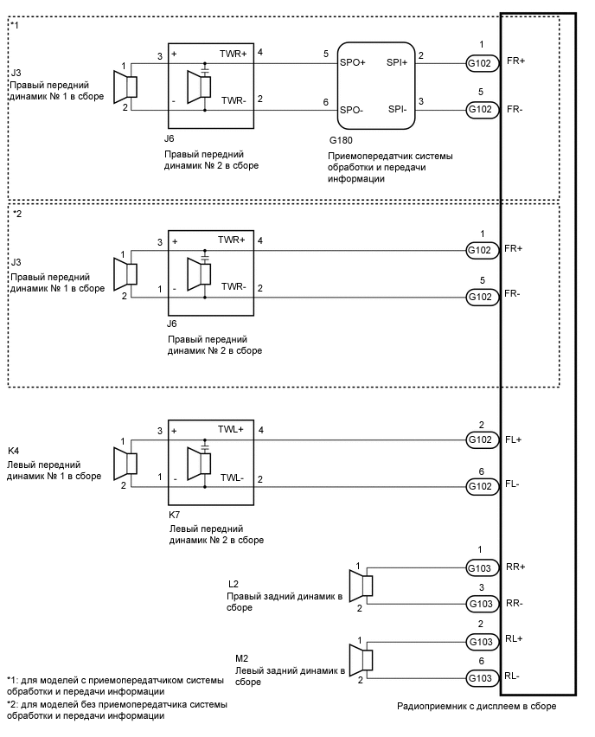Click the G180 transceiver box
[377, 83]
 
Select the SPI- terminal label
[399, 109]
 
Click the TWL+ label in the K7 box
[231, 429]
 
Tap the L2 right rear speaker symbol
[366, 586]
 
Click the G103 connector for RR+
[482, 567]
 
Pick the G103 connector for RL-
[482, 677]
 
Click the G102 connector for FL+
[482, 440]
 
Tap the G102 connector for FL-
[482, 486]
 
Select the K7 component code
[176, 514]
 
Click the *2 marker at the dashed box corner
[17, 213]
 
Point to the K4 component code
[14, 451]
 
